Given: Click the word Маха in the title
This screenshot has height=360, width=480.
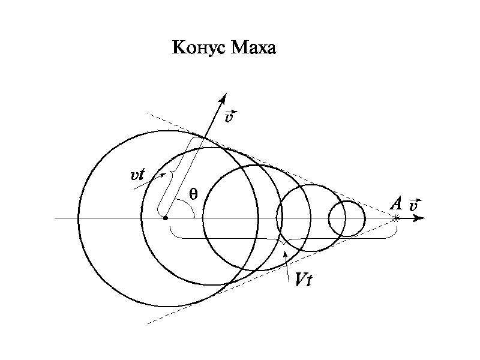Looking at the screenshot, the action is click(x=253, y=48).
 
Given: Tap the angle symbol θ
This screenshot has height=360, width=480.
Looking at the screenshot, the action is click(x=193, y=194).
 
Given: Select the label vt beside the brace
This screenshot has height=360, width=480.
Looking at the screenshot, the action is click(x=137, y=175).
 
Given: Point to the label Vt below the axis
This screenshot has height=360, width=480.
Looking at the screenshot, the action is click(x=304, y=279).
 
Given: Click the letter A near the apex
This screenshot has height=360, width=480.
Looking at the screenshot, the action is click(x=396, y=203).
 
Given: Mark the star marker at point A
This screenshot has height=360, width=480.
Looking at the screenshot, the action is click(x=397, y=218).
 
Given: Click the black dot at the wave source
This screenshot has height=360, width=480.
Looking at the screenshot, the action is click(x=166, y=218).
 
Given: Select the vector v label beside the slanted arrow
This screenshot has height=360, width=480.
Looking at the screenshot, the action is click(x=231, y=116).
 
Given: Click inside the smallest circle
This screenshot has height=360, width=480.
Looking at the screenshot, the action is click(x=347, y=218).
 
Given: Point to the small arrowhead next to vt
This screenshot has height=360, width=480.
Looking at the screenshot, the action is click(x=163, y=175).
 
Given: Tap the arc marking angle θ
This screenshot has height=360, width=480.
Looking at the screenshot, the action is click(x=189, y=205).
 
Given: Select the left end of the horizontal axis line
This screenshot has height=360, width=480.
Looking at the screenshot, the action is click(x=55, y=218).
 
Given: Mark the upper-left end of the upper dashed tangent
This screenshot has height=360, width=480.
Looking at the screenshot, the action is click(x=148, y=113).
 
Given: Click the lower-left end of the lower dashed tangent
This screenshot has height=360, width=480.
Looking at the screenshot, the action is click(x=148, y=323).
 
